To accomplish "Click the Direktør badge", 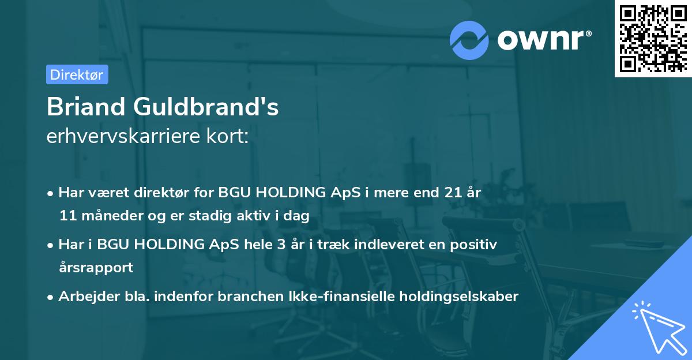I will pos(77,74).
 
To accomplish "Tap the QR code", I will pos(653,39).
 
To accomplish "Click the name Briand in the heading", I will pos(86,108).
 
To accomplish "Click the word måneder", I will pos(107,216).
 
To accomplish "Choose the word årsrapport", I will pos(96,267).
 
